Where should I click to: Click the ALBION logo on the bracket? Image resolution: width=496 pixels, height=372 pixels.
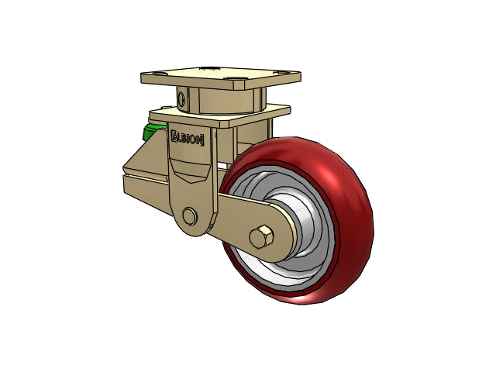click(x=187, y=138)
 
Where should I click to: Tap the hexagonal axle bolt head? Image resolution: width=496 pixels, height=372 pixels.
click(x=261, y=237)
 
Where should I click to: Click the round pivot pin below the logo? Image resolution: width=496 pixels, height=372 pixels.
click(x=189, y=216)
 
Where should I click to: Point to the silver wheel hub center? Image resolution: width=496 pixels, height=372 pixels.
click(x=298, y=228)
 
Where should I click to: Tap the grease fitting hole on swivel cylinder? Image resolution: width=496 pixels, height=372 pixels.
click(x=181, y=99)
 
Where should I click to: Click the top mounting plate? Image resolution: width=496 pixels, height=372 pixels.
click(x=221, y=77)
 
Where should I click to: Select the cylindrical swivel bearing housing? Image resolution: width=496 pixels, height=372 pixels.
click(x=221, y=101)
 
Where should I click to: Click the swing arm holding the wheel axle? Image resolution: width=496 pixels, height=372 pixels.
click(x=250, y=226)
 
